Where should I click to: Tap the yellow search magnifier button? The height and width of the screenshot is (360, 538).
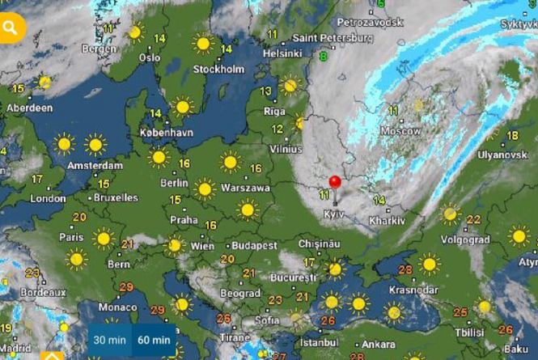[11, 28]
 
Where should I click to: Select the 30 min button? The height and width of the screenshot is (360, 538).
[108, 340]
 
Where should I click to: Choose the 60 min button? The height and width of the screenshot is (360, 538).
[154, 340]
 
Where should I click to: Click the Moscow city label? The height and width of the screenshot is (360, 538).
[400, 130]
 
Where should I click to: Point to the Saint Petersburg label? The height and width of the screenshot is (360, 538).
[333, 37]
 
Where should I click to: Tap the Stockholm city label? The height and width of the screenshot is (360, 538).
[218, 69]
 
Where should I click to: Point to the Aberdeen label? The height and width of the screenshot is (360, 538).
[30, 108]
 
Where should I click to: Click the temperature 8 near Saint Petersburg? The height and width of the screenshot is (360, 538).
[323, 57]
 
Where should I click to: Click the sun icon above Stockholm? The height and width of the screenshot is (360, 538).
[202, 43]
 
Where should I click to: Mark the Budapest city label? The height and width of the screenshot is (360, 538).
[253, 245]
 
